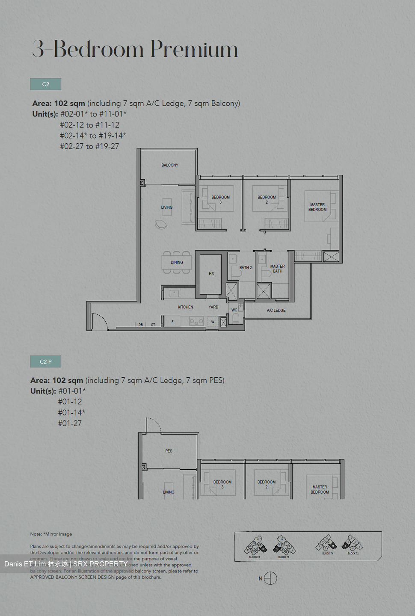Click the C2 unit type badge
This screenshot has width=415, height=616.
45,84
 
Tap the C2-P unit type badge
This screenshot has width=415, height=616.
45,361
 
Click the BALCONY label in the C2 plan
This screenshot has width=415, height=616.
170,165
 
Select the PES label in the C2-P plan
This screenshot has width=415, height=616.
169,451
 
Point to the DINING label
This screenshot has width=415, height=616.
177,262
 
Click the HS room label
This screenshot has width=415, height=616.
211,274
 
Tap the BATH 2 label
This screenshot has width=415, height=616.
246,268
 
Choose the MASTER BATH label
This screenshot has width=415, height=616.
278,269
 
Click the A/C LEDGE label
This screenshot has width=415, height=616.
276,311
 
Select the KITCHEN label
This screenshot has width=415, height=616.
185,307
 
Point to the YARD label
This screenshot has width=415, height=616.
213,307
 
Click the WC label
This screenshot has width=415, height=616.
234,310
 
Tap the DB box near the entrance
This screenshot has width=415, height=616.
141,325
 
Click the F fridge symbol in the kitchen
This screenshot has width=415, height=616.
172,322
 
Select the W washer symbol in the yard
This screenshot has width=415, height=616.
213,322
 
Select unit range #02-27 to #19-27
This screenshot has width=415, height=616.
89,146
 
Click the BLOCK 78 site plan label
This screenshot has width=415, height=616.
254,557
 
